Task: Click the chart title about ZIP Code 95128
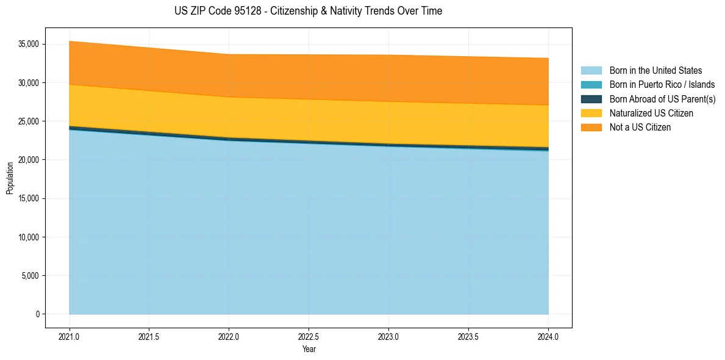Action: point(308,11)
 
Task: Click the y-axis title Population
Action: point(10,178)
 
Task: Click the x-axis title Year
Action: point(309,350)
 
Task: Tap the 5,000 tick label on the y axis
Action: point(30,276)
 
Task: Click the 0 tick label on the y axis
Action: point(37,314)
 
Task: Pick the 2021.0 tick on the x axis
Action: point(70,336)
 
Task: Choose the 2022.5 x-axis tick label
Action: point(309,336)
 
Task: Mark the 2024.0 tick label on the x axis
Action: point(548,336)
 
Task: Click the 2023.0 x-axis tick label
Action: point(388,336)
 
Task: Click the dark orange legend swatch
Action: point(591,128)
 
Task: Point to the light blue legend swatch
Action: point(591,71)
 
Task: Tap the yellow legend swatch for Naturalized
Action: point(591,113)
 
